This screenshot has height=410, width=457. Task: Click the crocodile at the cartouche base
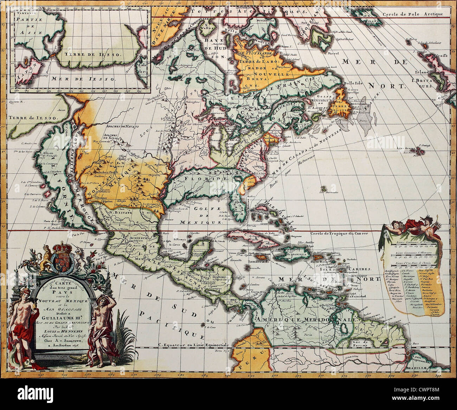78,358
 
